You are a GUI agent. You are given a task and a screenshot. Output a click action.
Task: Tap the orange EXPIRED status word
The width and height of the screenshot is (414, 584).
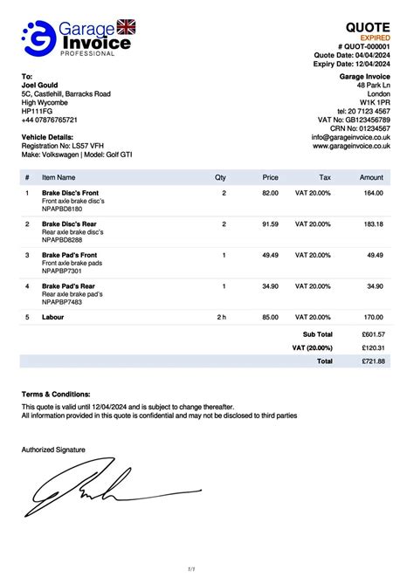[x=371, y=38]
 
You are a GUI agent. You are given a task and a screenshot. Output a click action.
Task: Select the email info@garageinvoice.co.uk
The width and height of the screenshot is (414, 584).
[x=350, y=137]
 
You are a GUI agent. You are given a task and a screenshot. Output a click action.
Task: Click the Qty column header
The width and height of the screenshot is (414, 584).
[x=220, y=177]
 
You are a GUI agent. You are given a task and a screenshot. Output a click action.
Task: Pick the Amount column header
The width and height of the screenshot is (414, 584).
[x=371, y=177]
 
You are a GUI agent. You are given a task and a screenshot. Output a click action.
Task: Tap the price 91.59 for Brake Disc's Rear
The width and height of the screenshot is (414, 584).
[x=270, y=224]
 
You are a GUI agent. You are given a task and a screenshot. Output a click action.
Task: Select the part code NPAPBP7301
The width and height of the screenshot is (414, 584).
[x=62, y=271]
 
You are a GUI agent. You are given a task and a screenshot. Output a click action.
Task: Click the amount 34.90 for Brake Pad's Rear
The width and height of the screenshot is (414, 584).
[x=375, y=286]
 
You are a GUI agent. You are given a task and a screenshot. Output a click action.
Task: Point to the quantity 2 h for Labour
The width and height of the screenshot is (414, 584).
[x=222, y=318]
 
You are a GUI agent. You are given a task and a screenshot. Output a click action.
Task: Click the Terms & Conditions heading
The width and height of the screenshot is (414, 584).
[x=56, y=395]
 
